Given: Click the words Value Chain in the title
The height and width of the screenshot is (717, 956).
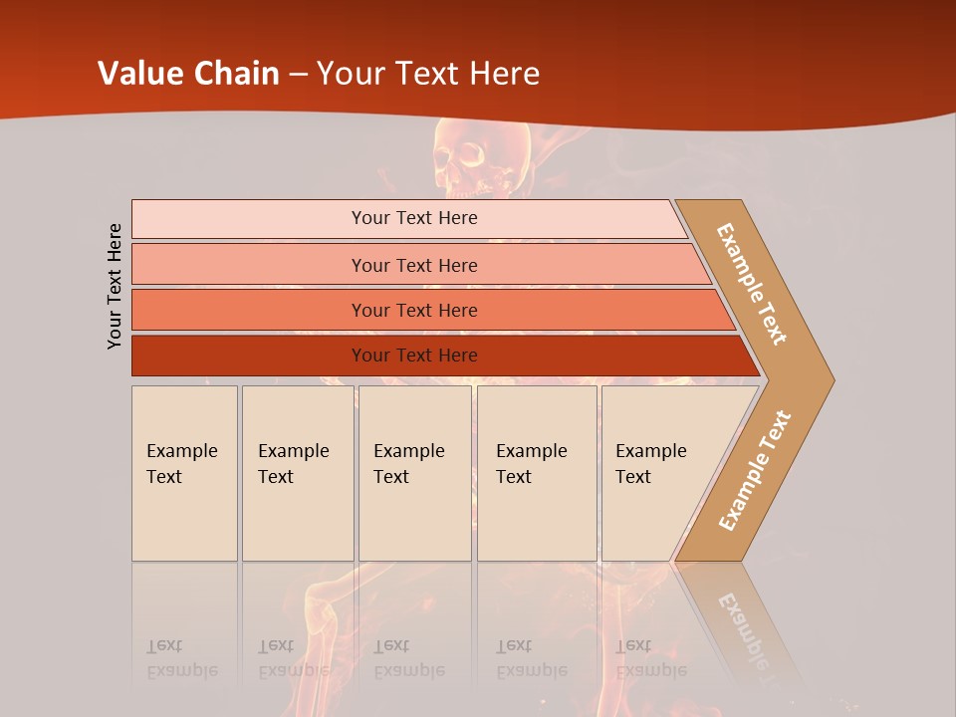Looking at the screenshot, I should (188, 74).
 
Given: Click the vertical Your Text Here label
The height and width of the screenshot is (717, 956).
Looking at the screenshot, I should (115, 286).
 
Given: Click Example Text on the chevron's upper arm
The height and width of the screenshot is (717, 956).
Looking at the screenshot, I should (752, 284).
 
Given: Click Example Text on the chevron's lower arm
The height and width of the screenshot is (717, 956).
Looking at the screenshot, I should (755, 470).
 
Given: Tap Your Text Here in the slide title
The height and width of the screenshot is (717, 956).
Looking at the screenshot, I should (428, 74).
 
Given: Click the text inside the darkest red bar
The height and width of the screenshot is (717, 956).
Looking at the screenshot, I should (414, 356).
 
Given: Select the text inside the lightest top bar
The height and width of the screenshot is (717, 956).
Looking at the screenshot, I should (414, 218).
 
